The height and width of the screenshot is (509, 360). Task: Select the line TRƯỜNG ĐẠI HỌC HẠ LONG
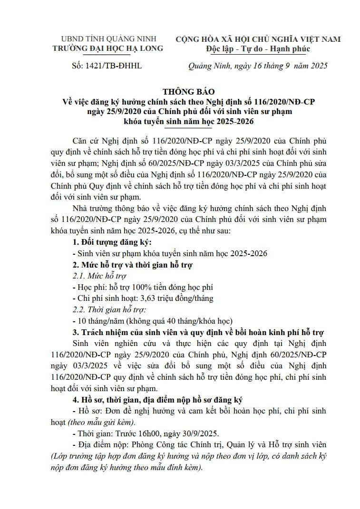108,48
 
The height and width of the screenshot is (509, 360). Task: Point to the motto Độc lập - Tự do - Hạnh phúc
258,48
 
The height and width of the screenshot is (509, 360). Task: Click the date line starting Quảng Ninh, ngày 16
258,67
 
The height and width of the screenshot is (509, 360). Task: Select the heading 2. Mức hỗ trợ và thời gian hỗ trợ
132,265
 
